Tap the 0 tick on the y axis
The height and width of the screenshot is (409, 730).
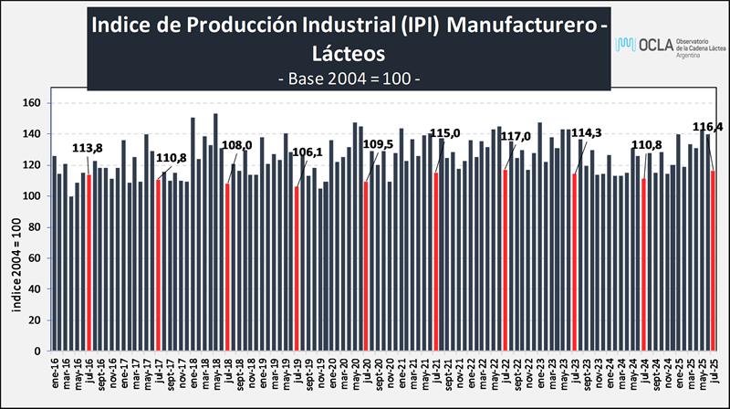pyautogui.click(x=39, y=351)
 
